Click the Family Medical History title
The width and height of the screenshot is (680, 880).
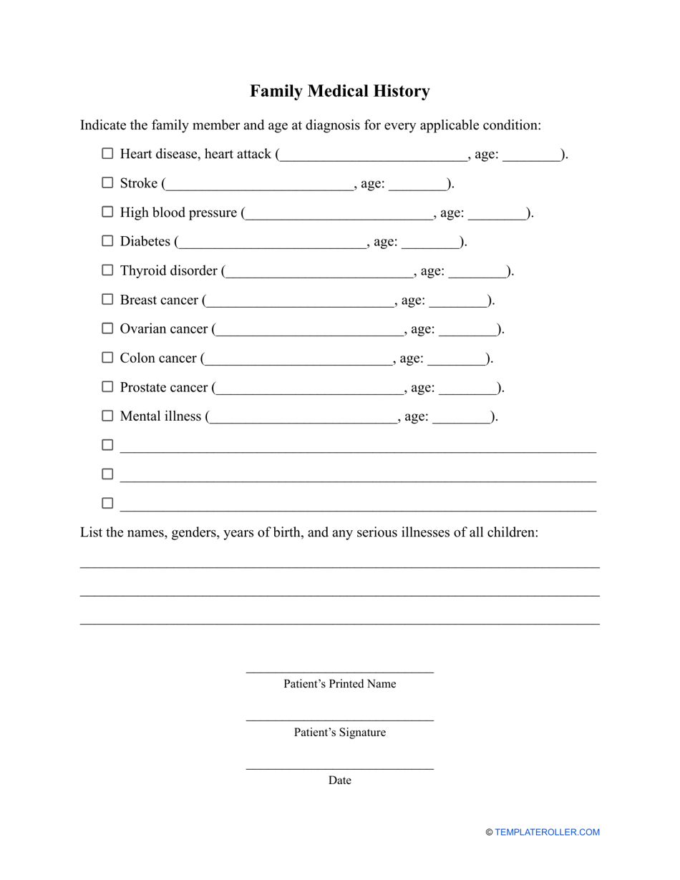click(339, 92)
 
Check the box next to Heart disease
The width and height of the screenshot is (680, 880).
click(107, 153)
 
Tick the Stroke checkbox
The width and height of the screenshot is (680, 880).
click(107, 182)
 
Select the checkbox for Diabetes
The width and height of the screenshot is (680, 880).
click(107, 241)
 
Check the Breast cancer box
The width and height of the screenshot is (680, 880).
click(107, 299)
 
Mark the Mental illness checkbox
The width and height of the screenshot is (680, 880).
click(107, 416)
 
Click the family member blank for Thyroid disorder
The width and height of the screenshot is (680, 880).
click(320, 272)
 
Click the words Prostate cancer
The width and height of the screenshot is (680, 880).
click(164, 387)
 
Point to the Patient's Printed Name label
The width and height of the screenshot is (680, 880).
click(339, 684)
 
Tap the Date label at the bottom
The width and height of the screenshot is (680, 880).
click(339, 781)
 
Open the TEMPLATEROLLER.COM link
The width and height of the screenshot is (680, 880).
click(547, 832)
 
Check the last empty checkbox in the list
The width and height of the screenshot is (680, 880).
click(107, 503)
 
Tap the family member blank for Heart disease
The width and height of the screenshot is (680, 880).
click(373, 155)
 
